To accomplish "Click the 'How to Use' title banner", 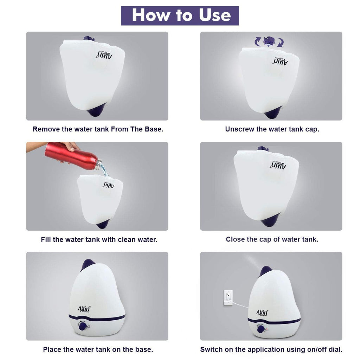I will point(180,15).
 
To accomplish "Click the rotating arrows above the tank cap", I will point(269,41).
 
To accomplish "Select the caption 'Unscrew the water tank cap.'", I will point(272,129).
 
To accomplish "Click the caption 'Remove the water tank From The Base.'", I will point(98,129).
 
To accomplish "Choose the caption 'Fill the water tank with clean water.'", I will point(99,239).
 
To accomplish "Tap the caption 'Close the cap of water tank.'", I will point(272,239).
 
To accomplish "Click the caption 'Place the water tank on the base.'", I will point(98,349).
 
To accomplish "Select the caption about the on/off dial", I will point(271,349).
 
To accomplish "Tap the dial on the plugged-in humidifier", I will point(261,329).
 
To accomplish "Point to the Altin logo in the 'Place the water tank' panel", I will point(84,309).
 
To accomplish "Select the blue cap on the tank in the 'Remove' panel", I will point(87,39).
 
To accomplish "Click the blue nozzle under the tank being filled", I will point(103,224).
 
